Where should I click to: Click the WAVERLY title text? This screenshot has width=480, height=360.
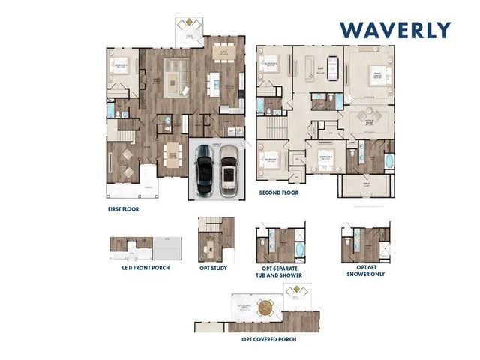pyautogui.click(x=395, y=30)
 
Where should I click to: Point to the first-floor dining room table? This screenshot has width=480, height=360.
pyautogui.click(x=172, y=153)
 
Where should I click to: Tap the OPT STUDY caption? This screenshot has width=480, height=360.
pyautogui.click(x=213, y=268)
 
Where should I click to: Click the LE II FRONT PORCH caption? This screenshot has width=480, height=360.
pyautogui.click(x=139, y=268)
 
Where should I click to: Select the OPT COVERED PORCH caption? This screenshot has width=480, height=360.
pyautogui.click(x=268, y=339)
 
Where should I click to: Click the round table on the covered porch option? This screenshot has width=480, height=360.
pyautogui.click(x=264, y=307)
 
